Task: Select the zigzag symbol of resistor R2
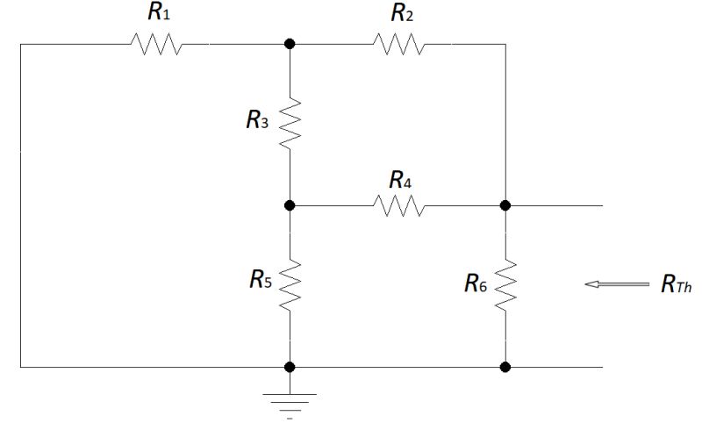coord(399,43)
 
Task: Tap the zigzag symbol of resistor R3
coord(290,124)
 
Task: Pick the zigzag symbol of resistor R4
coord(399,205)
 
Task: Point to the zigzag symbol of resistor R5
coord(290,285)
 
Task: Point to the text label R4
coord(400,180)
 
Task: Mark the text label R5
coord(259,282)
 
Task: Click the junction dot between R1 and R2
coord(290,43)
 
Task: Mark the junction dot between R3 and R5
coord(290,205)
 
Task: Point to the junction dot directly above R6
coord(505,205)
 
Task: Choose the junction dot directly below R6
coord(505,367)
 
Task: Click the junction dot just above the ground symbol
coord(290,367)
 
